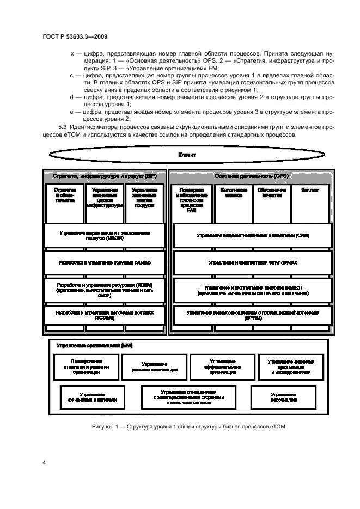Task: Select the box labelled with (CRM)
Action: point(252,236)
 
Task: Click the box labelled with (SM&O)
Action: point(252,262)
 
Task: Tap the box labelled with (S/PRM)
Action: point(252,315)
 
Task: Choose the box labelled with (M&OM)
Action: point(103,235)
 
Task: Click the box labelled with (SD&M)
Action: point(103,262)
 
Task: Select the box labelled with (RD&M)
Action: point(103,289)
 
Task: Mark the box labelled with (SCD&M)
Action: point(103,315)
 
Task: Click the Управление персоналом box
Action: point(283,397)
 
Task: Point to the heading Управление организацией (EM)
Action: point(94,346)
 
